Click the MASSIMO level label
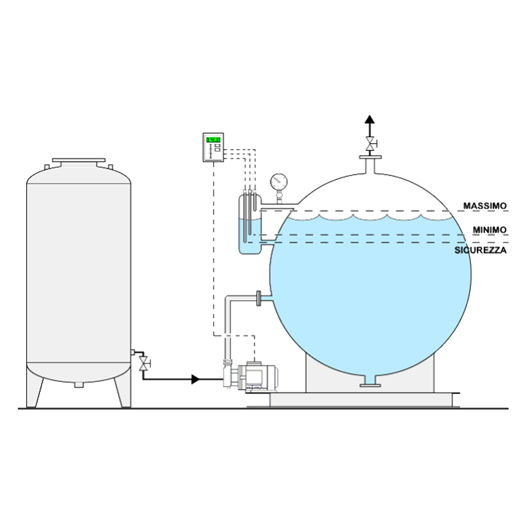[485, 206]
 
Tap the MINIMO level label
[489, 230]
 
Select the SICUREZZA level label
[480, 250]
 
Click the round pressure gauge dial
[279, 182]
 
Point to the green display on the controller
[213, 139]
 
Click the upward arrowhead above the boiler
[370, 119]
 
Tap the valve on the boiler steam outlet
[370, 144]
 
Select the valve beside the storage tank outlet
[144, 363]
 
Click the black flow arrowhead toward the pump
[195, 379]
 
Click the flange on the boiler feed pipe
[259, 298]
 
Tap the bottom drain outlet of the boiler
[370, 382]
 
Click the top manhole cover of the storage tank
[79, 160]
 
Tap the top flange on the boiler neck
[370, 157]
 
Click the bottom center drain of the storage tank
[79, 385]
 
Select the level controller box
[213, 147]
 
